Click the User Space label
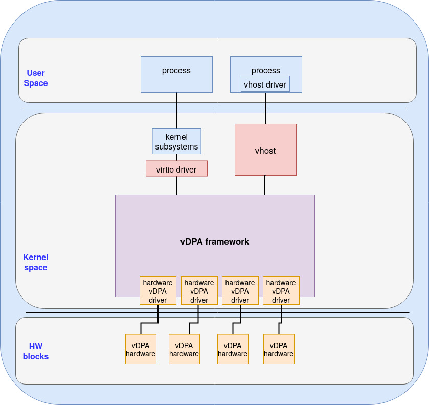[x=36, y=78]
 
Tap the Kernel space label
[x=36, y=262]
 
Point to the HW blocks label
[x=36, y=351]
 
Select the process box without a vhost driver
[x=176, y=74]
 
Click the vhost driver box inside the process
[x=265, y=84]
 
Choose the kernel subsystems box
[x=176, y=141]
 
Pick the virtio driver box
[x=176, y=169]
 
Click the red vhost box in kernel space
[x=265, y=150]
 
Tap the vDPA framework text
[x=215, y=241]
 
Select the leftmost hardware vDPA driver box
[x=158, y=291]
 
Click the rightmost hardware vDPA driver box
[x=281, y=291]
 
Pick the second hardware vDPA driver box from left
[x=199, y=291]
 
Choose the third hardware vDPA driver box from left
[x=240, y=291]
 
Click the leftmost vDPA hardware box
[x=141, y=349]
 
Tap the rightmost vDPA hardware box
[x=279, y=349]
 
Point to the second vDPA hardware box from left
[x=184, y=349]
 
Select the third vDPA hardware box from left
[x=233, y=349]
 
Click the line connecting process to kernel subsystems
[x=176, y=110]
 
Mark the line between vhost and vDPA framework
[x=265, y=185]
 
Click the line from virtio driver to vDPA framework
[x=176, y=185]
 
